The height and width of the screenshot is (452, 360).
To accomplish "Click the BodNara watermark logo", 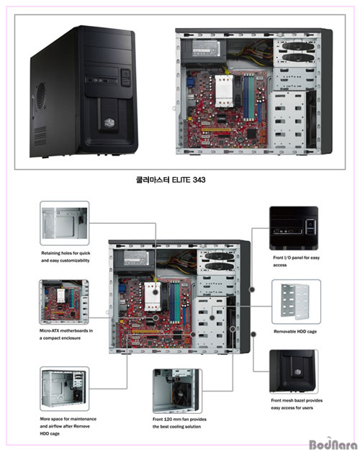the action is tap(333, 444).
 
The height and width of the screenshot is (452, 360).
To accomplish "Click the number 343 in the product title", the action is tap(199, 180).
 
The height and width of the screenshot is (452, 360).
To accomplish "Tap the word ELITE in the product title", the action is tap(181, 180).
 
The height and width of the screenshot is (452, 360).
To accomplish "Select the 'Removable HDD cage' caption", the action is tap(295, 332).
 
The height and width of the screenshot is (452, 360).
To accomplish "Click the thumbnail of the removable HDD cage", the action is tap(296, 302).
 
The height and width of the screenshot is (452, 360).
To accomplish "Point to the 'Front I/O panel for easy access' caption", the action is tap(296, 261).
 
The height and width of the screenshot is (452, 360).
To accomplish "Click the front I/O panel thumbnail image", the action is tap(294, 228).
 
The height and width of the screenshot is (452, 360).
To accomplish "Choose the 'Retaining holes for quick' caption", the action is tap(66, 253).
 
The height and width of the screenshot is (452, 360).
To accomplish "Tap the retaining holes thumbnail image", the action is tap(65, 223).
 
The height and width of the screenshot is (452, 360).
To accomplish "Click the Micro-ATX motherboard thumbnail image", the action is tap(64, 302).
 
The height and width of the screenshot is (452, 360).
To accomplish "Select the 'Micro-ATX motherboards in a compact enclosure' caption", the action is tap(66, 334).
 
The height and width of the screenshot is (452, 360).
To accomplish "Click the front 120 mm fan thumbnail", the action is tap(177, 391).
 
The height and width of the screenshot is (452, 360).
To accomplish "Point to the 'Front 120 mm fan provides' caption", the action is tap(179, 419).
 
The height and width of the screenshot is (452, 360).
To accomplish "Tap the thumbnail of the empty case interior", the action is tap(64, 389).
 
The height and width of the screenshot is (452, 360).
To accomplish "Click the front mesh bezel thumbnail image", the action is tap(294, 371).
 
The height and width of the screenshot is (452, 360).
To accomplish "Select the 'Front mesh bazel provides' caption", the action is tap(297, 400).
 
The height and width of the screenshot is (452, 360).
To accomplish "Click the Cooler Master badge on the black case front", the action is tap(109, 123).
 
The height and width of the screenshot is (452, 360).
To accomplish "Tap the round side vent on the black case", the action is tap(41, 96).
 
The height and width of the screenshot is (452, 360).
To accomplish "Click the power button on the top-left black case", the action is tap(126, 74).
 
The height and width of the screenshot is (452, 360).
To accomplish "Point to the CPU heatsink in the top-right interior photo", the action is tap(224, 91).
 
